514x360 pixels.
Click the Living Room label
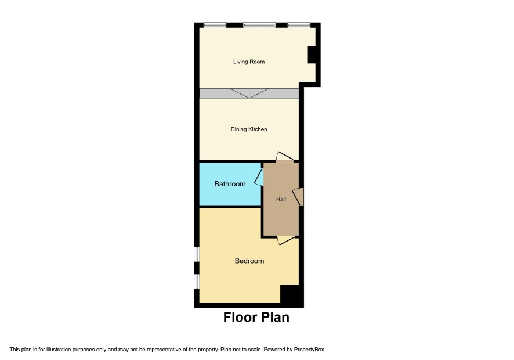(249, 62)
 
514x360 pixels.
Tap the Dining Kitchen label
(249, 129)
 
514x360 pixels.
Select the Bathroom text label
(230, 183)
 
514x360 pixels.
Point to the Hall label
(281, 199)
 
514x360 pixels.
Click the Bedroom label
(249, 261)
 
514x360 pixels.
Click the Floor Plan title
(256, 318)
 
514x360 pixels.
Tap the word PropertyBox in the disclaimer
(309, 350)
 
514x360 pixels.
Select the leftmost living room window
(215, 25)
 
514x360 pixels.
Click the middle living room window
(259, 25)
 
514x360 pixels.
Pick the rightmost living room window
(299, 25)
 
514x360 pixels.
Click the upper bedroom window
(197, 254)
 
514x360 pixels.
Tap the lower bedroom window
(197, 282)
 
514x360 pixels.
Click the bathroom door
(259, 177)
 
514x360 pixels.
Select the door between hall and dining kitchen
(284, 156)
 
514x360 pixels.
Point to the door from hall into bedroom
(285, 240)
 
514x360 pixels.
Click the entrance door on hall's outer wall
(298, 197)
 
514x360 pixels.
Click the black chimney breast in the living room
(312, 55)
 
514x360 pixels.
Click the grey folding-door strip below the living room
(249, 93)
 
